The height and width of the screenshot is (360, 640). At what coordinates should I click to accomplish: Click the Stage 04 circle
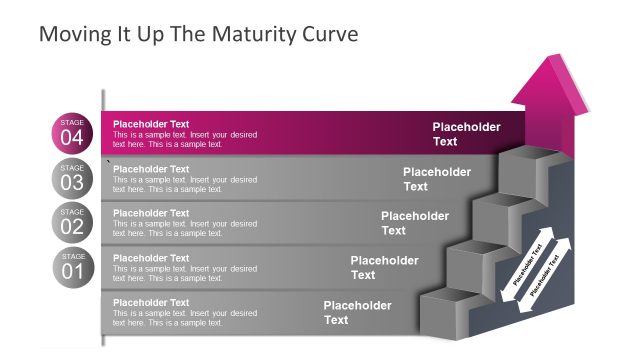[x=72, y=133]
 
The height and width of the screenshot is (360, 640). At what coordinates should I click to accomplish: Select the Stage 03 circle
[x=72, y=178]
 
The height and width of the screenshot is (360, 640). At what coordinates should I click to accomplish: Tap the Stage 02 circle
[x=72, y=222]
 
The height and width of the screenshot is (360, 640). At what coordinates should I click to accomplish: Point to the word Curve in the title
[x=330, y=34]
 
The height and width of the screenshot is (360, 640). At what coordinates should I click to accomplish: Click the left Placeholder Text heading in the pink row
[x=151, y=124]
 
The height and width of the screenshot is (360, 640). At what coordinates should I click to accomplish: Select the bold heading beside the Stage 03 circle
[x=151, y=169]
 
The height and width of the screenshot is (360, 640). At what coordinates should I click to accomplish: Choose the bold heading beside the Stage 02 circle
[x=151, y=213]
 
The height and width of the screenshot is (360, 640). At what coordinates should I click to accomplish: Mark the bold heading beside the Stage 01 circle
[x=151, y=258]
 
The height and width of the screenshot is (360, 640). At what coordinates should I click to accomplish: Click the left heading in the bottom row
[x=151, y=302]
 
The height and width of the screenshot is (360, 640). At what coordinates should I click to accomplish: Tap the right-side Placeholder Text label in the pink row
[x=466, y=134]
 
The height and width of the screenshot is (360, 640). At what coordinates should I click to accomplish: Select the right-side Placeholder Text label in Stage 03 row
[x=437, y=179]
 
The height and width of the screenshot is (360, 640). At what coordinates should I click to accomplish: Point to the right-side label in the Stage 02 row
[x=415, y=223]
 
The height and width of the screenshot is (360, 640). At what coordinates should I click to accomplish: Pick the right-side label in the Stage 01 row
[x=384, y=267]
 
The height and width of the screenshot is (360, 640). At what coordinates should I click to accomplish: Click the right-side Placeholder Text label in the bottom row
[x=357, y=312]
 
